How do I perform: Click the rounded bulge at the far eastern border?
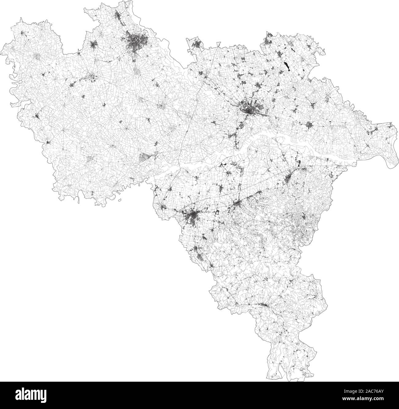(389, 156)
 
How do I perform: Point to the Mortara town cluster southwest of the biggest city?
(91, 78)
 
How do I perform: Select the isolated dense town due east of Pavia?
(309, 125)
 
